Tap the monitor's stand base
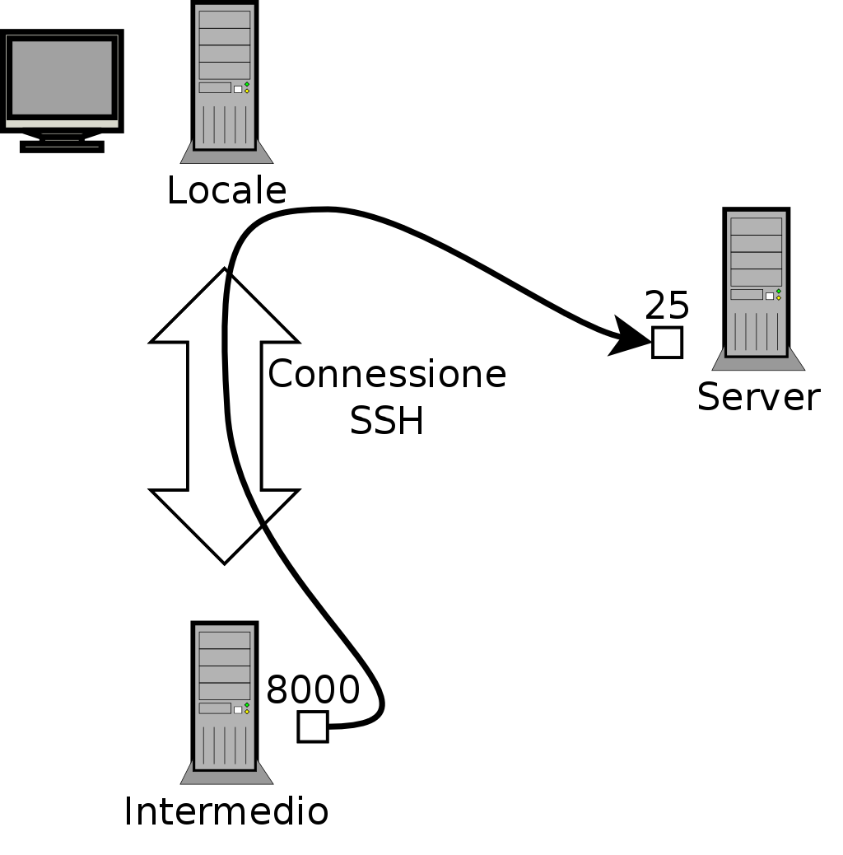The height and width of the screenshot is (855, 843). pos(62,147)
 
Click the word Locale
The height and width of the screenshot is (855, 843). pos(226,191)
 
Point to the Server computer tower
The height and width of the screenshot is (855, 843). pos(757,284)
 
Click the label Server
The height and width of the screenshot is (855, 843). pos(758,397)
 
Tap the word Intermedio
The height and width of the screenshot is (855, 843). pos(226,811)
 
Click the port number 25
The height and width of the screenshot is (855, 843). pos(667,306)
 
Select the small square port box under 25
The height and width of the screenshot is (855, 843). pos(667,342)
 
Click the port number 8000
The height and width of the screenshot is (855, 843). pos(313,690)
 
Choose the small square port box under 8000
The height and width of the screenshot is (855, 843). pos(313,727)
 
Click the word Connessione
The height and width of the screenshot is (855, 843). pos(387,375)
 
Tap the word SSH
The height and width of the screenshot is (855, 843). pos(387,422)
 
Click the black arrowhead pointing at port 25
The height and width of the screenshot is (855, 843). pos(630,338)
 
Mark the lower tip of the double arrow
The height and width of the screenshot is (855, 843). pos(224,561)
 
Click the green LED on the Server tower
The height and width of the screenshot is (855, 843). pos(778,291)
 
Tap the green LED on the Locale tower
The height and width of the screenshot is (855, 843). pos(246,84)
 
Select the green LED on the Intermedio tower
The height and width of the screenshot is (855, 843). pos(246,704)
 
